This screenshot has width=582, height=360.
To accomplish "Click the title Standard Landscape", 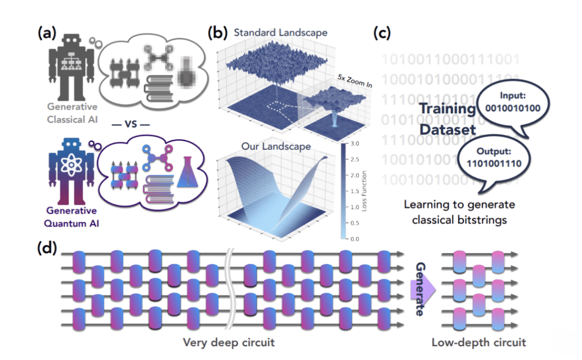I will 280,33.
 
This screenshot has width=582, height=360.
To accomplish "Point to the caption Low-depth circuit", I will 479,342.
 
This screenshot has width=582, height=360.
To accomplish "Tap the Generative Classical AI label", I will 72,113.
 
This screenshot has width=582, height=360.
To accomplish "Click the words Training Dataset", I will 447,119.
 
